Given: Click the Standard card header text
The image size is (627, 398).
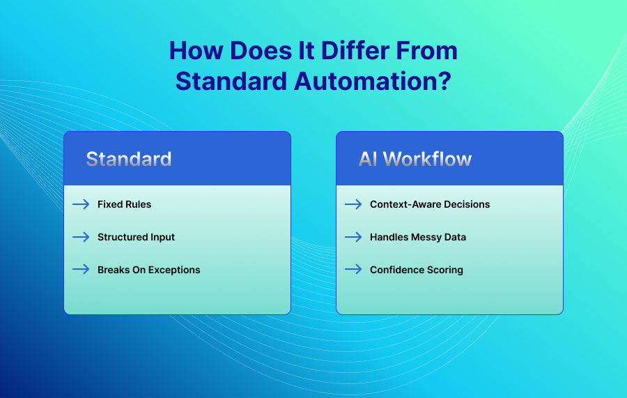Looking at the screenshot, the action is (x=129, y=159).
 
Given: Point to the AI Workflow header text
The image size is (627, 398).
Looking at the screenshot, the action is (x=415, y=159).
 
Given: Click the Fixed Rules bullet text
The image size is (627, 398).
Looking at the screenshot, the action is (x=125, y=204).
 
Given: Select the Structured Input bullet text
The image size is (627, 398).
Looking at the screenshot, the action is (x=136, y=237).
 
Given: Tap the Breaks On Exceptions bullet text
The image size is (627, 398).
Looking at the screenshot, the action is (x=149, y=270).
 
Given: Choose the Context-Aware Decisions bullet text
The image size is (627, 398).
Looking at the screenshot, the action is (x=430, y=204).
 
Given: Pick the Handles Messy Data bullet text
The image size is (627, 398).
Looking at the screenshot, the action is (x=418, y=237).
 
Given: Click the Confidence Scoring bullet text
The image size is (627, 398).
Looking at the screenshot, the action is (x=417, y=270).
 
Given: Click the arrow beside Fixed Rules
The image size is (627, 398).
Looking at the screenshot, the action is (x=81, y=204).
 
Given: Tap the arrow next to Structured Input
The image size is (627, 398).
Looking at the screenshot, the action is (x=81, y=237).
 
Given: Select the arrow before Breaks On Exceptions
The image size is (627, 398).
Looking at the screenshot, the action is (x=81, y=269).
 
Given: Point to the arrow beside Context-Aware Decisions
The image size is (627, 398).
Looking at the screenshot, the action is (x=353, y=204).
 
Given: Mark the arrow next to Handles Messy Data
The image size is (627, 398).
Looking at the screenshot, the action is (x=353, y=237).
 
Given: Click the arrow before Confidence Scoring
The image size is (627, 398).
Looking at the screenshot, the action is (x=353, y=269).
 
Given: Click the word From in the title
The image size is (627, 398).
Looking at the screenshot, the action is (x=426, y=51).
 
